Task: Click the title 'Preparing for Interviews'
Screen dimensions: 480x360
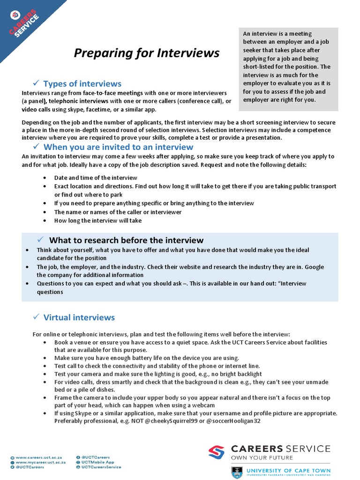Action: (x=147, y=53)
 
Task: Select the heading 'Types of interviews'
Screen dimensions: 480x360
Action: (x=82, y=84)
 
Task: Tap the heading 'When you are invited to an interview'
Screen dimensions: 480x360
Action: (x=118, y=147)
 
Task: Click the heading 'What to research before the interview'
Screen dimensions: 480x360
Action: (x=126, y=240)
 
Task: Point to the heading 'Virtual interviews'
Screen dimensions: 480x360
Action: (x=79, y=317)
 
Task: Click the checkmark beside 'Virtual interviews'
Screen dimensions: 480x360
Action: (x=36, y=317)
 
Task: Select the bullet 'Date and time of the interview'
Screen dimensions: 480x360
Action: (x=96, y=178)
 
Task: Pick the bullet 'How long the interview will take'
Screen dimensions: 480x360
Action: (x=97, y=220)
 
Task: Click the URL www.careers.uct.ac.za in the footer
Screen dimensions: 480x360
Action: (x=40, y=457)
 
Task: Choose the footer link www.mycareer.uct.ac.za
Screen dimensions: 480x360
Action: (x=41, y=462)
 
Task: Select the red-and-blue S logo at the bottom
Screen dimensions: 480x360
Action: (x=217, y=452)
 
